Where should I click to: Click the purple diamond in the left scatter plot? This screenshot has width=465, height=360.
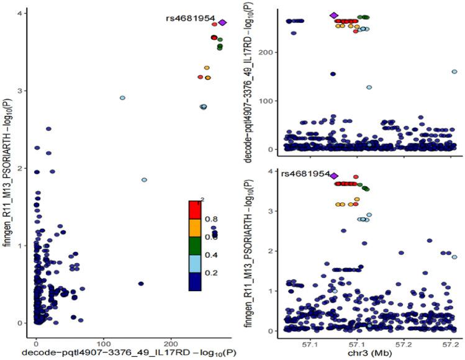pyautogui.click(x=222, y=22)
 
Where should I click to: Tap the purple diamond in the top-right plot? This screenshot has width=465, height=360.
pyautogui.click(x=334, y=16)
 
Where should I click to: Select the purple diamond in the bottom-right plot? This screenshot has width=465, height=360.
pyautogui.click(x=334, y=176)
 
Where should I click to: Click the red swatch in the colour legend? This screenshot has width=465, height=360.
pyautogui.click(x=197, y=210)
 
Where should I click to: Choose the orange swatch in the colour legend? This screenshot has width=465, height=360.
pyautogui.click(x=197, y=227)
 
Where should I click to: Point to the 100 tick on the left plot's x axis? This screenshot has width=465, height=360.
pyautogui.click(x=104, y=342)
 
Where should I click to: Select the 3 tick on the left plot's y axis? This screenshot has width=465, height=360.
pyautogui.click(x=24, y=91)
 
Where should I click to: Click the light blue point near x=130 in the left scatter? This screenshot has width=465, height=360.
pyautogui.click(x=122, y=98)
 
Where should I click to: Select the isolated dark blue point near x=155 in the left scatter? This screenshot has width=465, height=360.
pyautogui.click(x=141, y=284)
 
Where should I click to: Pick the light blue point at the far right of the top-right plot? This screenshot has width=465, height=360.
pyautogui.click(x=454, y=72)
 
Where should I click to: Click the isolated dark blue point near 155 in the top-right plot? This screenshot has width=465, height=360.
pyautogui.click(x=333, y=74)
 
